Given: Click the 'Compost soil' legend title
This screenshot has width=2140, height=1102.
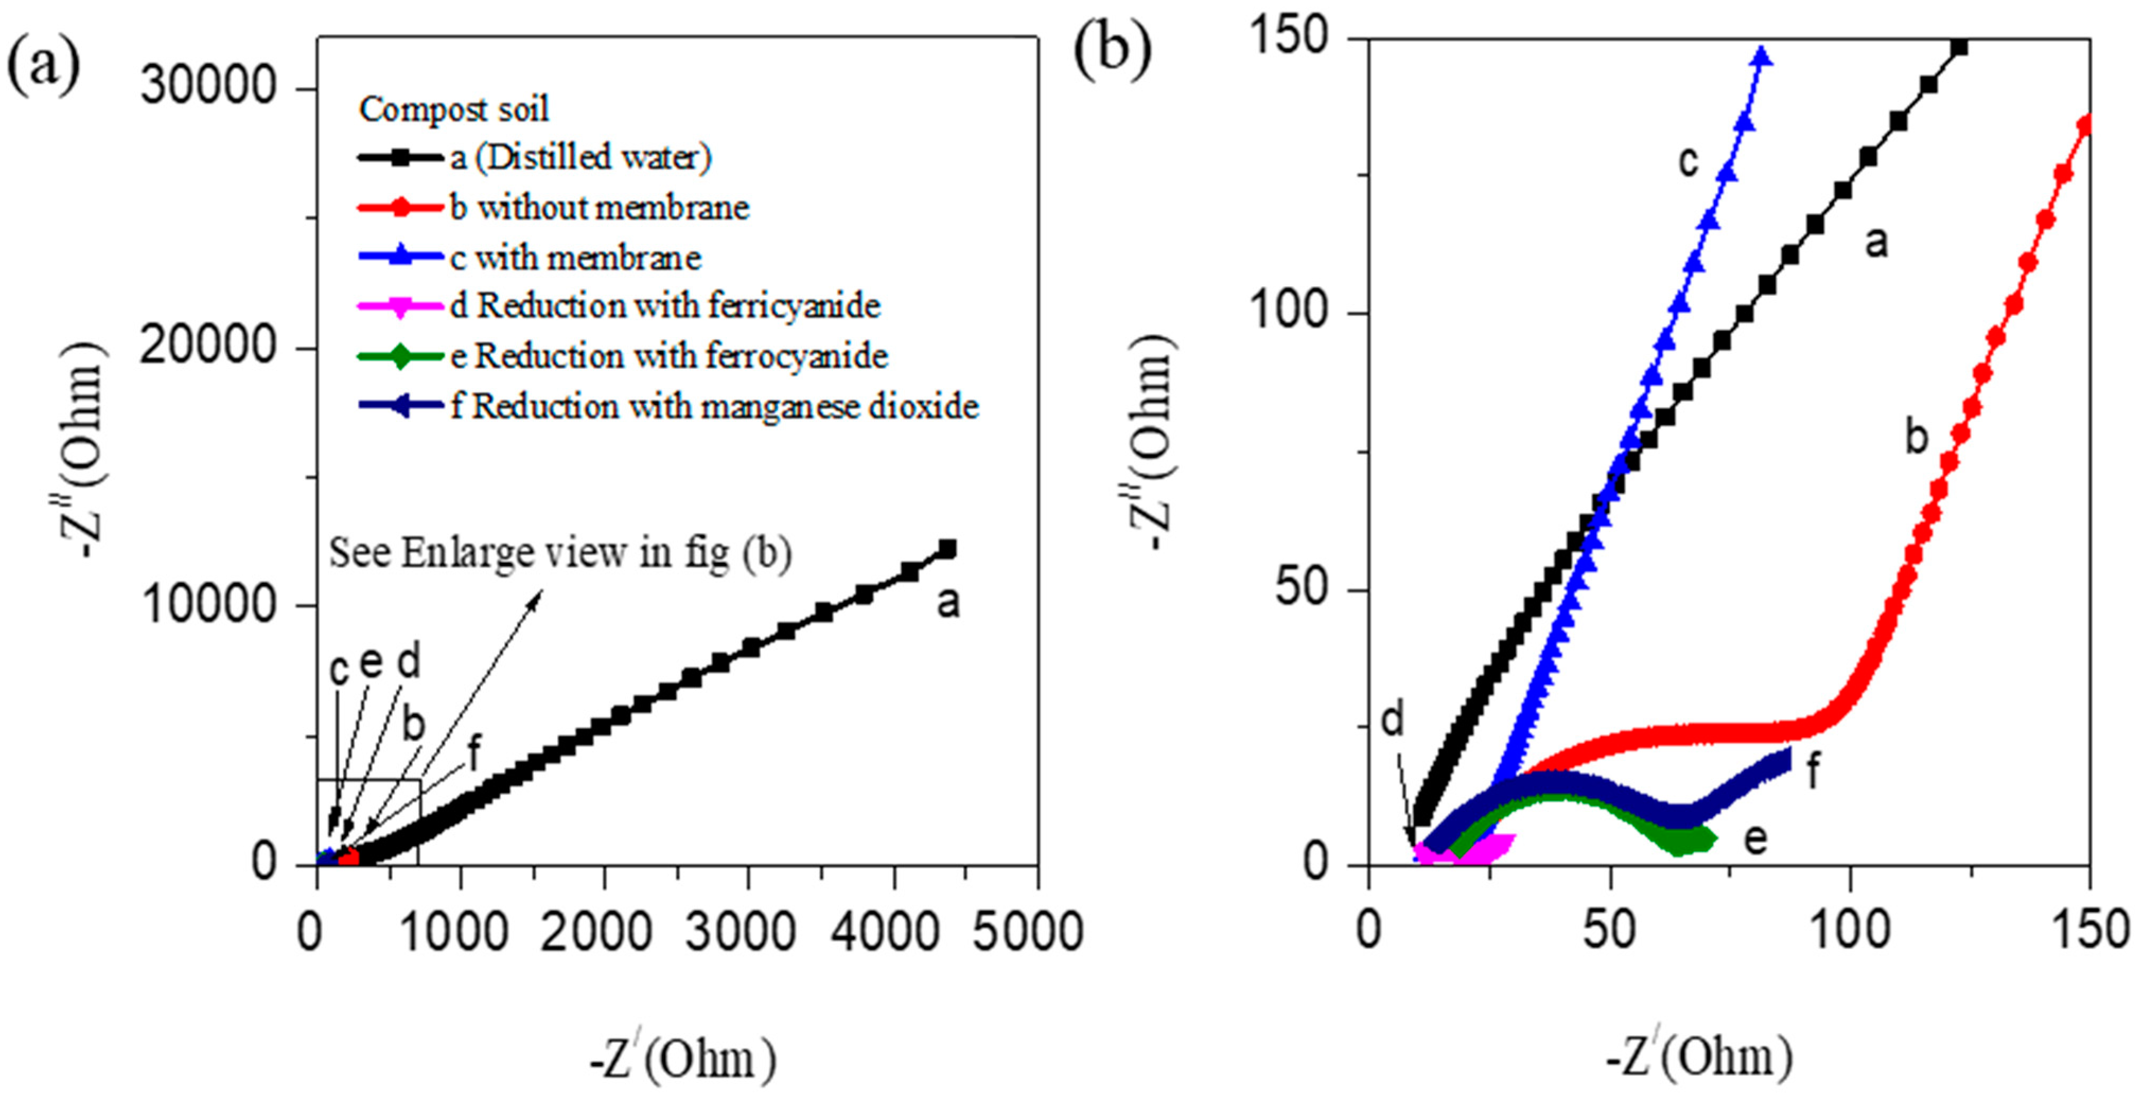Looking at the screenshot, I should pyautogui.click(x=454, y=109).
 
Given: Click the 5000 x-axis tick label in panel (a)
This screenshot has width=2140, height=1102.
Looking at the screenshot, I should pyautogui.click(x=1028, y=932).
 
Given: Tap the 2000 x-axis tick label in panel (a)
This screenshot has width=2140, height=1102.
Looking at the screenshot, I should pyautogui.click(x=596, y=932).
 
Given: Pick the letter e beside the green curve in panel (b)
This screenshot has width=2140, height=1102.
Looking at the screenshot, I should pyautogui.click(x=1754, y=839).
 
